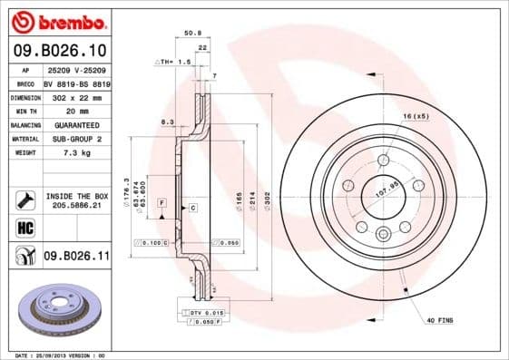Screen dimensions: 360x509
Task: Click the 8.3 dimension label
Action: tap(166, 121)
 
